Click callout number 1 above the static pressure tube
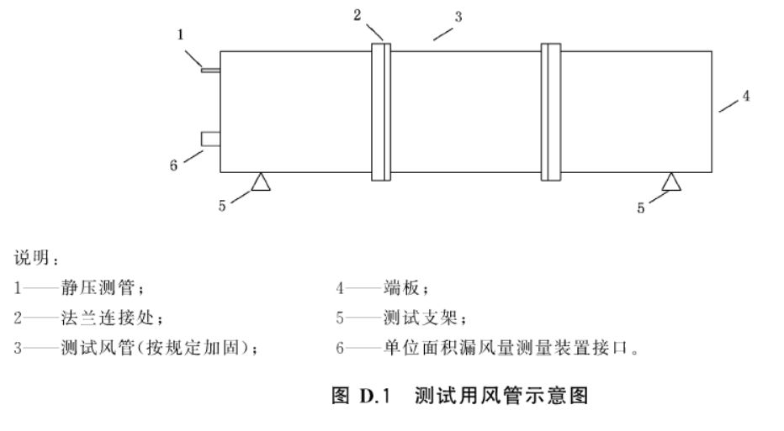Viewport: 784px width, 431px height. pos(181,34)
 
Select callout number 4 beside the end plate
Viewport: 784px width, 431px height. pos(745,97)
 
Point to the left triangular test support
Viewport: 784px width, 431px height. pos(261,180)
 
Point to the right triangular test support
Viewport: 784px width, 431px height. pos(670,180)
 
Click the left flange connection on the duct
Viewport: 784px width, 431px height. pos(381,110)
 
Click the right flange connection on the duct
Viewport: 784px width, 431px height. pos(550,110)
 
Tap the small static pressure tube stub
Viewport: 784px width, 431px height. pos(210,71)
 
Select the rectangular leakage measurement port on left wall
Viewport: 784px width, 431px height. pos(210,139)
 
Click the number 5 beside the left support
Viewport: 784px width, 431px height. pos(222,207)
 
